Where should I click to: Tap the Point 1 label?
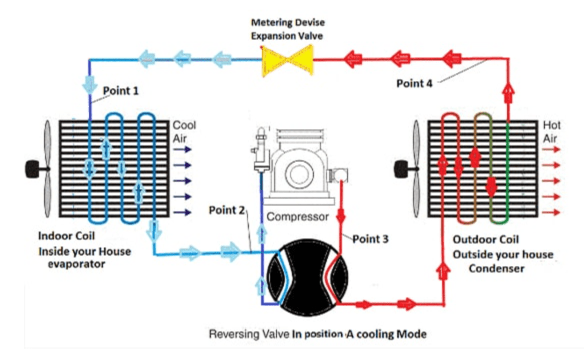(x=120, y=91)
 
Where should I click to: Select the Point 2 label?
(x=226, y=210)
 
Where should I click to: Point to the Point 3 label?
(x=370, y=239)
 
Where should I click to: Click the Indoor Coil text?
(x=67, y=236)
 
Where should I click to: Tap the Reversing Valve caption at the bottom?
(x=317, y=334)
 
